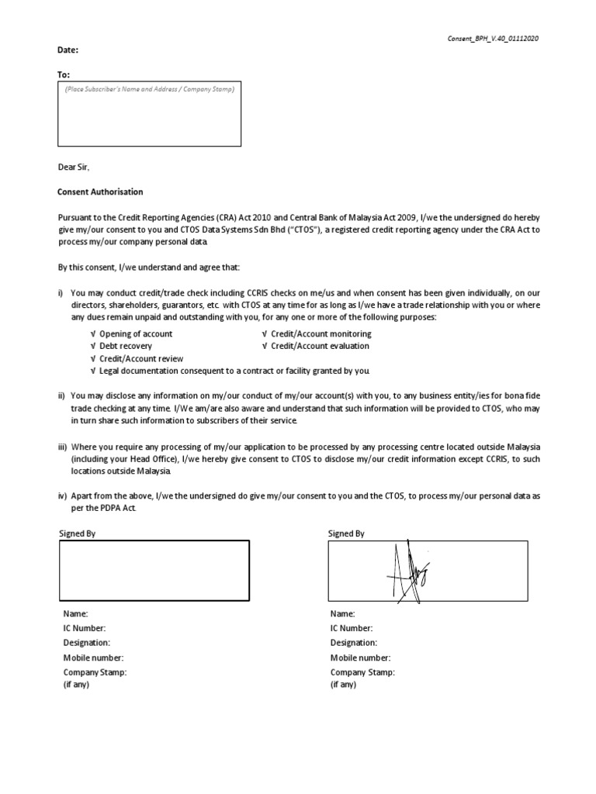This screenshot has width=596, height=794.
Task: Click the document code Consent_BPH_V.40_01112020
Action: [491, 39]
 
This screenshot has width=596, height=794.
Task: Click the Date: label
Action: [68, 50]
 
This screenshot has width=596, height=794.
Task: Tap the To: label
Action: [64, 74]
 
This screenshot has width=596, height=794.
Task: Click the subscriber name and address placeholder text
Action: [149, 89]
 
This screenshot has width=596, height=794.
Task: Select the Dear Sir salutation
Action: [74, 167]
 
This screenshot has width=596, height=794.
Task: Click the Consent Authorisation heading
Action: [100, 192]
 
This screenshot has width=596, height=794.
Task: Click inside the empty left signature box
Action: [154, 570]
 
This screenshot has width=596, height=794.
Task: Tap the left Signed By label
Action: [78, 533]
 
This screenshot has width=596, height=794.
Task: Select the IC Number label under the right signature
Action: [352, 628]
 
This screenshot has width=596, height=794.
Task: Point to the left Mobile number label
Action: [90, 658]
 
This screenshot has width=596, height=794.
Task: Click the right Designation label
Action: [354, 643]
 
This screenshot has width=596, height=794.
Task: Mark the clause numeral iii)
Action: [62, 448]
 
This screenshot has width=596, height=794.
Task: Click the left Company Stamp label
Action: [95, 672]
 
